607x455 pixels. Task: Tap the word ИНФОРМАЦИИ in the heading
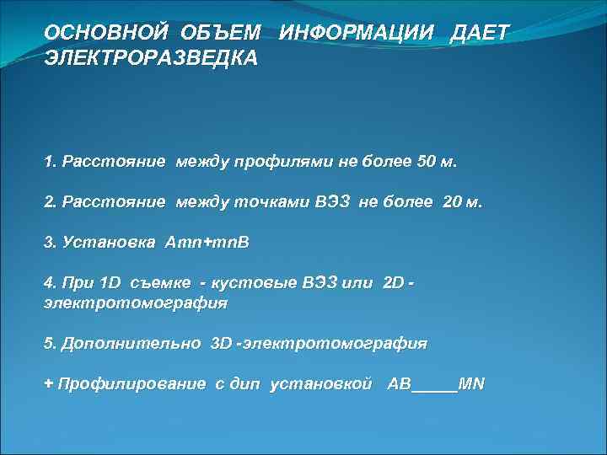(357, 32)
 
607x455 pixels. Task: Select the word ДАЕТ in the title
(481, 32)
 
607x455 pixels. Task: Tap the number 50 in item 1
(428, 162)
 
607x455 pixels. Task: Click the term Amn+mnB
(207, 243)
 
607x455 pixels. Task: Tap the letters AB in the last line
(399, 384)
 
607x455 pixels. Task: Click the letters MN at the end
(472, 384)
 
